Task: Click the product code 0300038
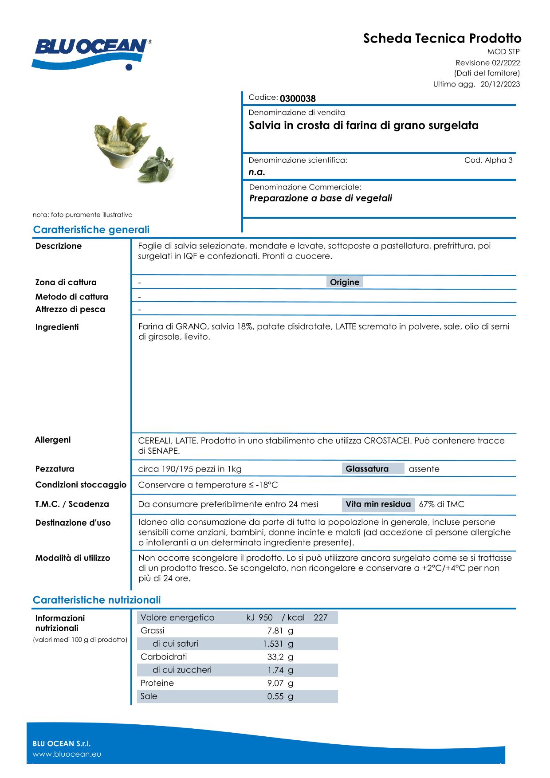[298, 98]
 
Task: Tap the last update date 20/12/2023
[500, 84]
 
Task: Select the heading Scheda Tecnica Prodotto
[442, 39]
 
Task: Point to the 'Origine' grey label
[345, 282]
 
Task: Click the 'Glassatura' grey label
[367, 469]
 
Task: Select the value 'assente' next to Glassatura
[424, 469]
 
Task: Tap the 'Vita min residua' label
[378, 504]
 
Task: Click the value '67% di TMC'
[441, 504]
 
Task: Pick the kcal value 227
[320, 617]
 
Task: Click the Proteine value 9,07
[275, 683]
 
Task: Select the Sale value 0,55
[275, 696]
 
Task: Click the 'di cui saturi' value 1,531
[273, 644]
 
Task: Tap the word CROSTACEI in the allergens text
[387, 440]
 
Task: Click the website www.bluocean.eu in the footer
[67, 754]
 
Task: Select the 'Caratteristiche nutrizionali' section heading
[97, 600]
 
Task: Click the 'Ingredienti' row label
[57, 327]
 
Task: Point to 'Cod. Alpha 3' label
[488, 160]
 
